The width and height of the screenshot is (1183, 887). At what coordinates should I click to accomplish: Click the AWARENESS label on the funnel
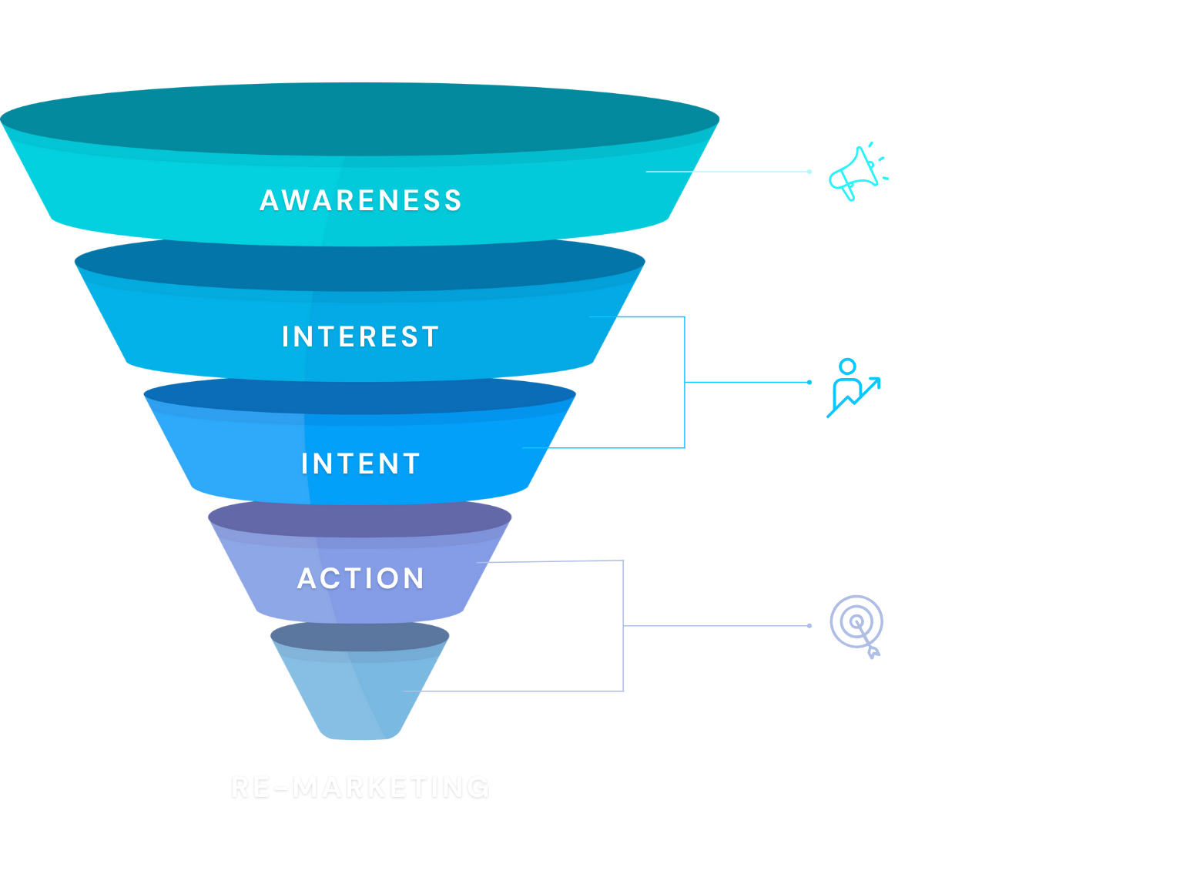tap(360, 200)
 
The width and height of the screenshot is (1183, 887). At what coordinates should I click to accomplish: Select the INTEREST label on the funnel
tap(360, 336)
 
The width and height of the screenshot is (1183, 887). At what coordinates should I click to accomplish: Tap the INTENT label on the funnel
tap(360, 464)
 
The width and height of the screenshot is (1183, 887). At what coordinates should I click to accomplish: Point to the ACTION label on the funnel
tap(360, 578)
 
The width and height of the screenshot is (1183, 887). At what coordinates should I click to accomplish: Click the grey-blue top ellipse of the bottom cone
tap(360, 636)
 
